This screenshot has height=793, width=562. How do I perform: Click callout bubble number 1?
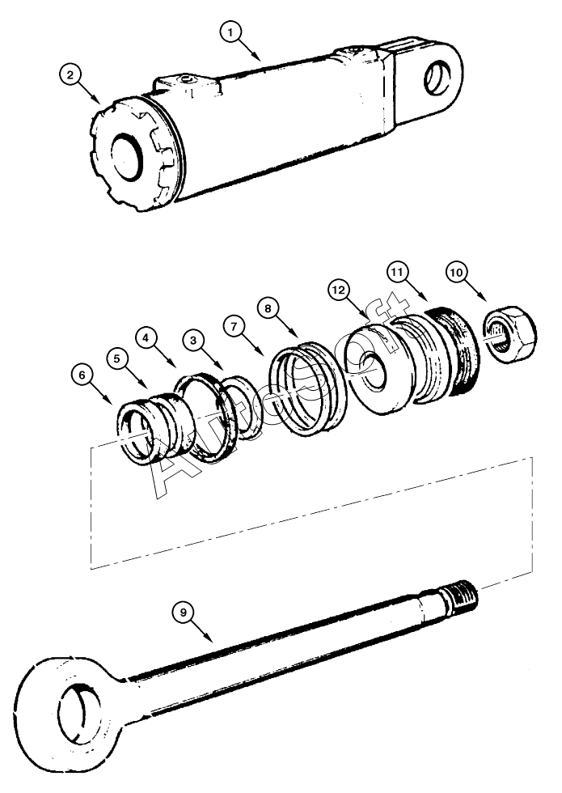(231, 32)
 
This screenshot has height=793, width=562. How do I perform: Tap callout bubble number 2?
(72, 75)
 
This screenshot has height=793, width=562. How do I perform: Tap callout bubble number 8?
(268, 307)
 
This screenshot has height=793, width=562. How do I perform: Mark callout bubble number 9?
(185, 613)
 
